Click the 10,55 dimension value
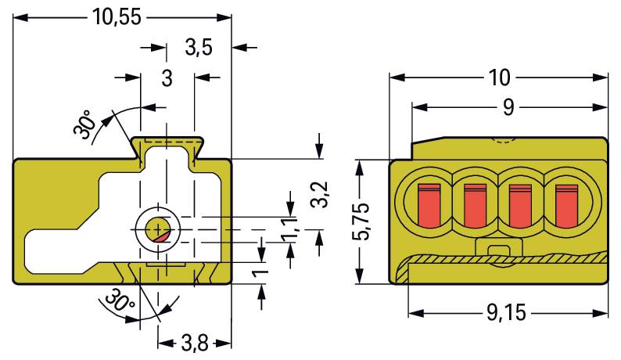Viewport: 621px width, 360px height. click(x=117, y=17)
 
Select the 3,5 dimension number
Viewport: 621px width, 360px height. click(x=199, y=48)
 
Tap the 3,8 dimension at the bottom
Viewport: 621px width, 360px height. click(x=195, y=344)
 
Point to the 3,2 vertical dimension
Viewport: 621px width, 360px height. click(x=320, y=194)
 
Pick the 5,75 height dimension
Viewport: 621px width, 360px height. click(x=360, y=221)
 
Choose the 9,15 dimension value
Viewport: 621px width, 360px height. click(x=507, y=313)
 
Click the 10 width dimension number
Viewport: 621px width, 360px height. click(x=500, y=77)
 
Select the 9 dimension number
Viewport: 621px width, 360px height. click(x=508, y=107)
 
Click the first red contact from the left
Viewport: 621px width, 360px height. click(x=429, y=206)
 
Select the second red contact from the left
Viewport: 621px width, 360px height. click(x=475, y=206)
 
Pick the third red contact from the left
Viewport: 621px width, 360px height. click(x=520, y=206)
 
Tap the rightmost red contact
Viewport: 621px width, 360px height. click(x=566, y=206)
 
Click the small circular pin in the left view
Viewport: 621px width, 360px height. click(x=158, y=229)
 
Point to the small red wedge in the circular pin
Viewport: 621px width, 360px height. click(x=163, y=237)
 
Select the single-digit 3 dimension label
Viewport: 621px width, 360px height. click(x=167, y=78)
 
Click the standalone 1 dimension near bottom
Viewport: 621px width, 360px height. click(x=260, y=273)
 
